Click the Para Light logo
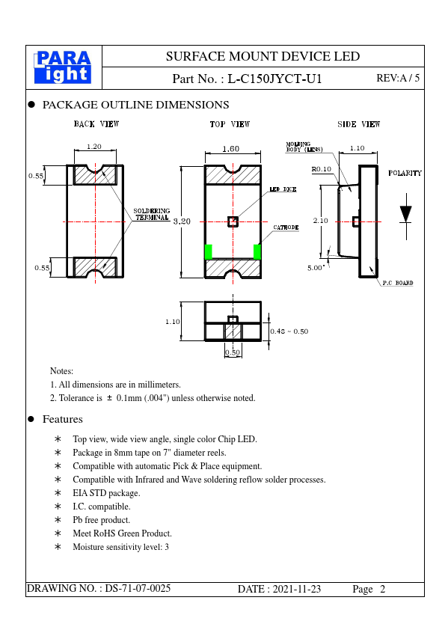pyautogui.click(x=63, y=67)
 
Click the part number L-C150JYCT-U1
pyautogui.click(x=274, y=79)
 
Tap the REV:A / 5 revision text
pyautogui.click(x=398, y=78)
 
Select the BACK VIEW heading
pyautogui.click(x=96, y=123)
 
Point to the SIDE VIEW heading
pyautogui.click(x=359, y=124)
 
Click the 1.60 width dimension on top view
pyautogui.click(x=231, y=149)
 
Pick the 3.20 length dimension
pyautogui.click(x=182, y=221)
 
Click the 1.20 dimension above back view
pyautogui.click(x=94, y=147)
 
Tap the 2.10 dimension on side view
pyautogui.click(x=321, y=221)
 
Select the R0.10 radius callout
pyautogui.click(x=322, y=169)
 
